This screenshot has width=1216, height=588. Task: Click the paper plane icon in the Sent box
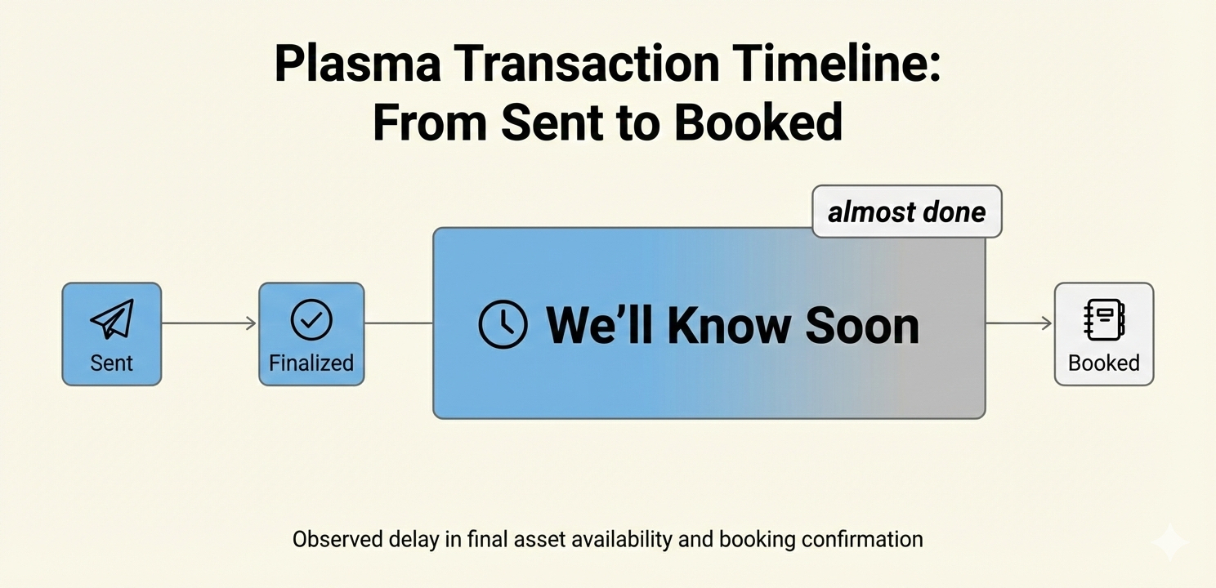(x=113, y=320)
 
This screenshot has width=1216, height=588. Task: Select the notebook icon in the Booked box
(x=1104, y=320)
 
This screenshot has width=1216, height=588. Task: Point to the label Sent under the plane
(x=111, y=363)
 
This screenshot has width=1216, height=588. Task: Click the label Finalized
(x=311, y=363)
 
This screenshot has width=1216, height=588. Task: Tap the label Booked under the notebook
(x=1103, y=363)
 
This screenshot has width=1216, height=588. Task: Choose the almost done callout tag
(x=907, y=212)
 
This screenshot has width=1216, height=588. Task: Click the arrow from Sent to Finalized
(x=209, y=323)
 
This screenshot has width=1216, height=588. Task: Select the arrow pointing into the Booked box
(x=1019, y=323)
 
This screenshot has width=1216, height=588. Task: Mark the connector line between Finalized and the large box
(x=399, y=323)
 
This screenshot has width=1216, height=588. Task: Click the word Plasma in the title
(x=357, y=64)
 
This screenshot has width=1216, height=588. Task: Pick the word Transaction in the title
(x=586, y=64)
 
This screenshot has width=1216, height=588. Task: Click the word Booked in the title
(x=758, y=122)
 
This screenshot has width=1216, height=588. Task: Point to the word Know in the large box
(x=729, y=326)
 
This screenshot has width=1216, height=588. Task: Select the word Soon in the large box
(x=862, y=326)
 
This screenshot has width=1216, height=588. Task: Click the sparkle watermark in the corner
(x=1171, y=541)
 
